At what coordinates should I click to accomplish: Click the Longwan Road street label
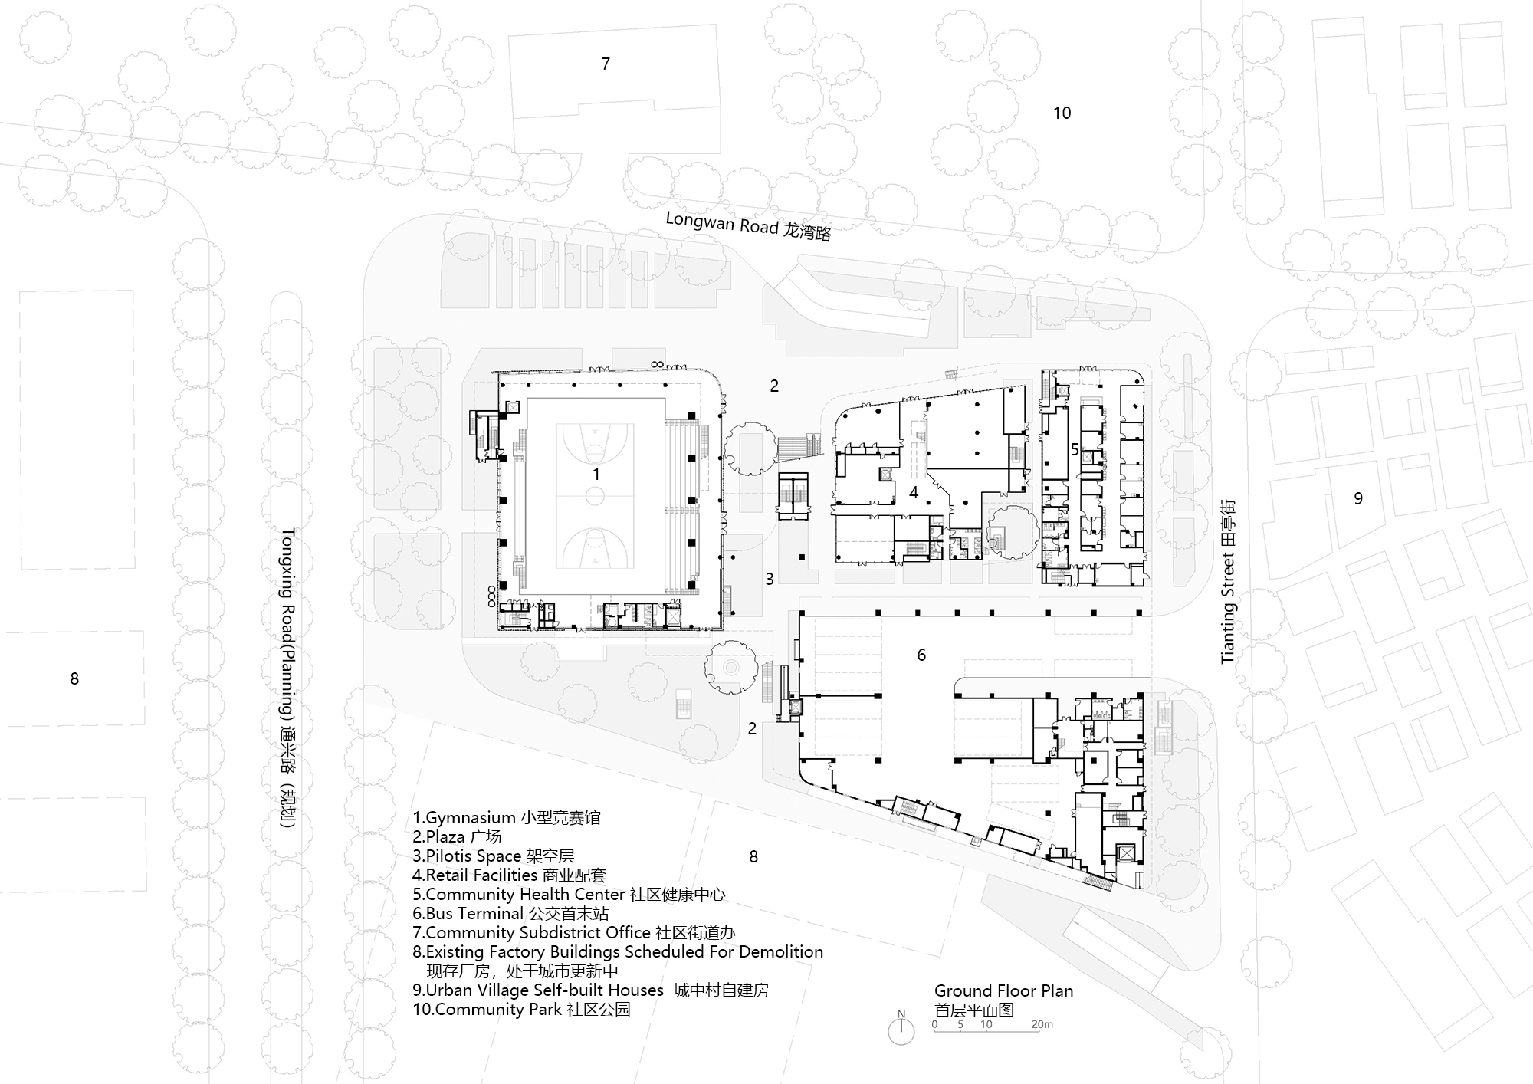click(x=748, y=226)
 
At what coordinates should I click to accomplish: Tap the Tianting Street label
click(x=1228, y=580)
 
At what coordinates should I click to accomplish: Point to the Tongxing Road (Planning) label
click(x=287, y=680)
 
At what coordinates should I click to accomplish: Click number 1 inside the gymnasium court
click(x=596, y=475)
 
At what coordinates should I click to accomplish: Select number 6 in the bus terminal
click(x=921, y=655)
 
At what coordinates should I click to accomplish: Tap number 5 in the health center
click(x=1075, y=450)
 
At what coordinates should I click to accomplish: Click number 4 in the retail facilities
click(x=914, y=492)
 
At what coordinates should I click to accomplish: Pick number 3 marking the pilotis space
click(x=770, y=579)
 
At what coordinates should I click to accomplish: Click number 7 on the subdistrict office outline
click(x=606, y=64)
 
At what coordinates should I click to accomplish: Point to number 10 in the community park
click(x=1062, y=113)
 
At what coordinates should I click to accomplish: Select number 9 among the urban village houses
click(x=1358, y=498)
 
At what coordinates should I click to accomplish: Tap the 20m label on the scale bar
click(x=1042, y=1024)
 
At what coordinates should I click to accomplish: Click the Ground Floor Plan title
click(x=1003, y=990)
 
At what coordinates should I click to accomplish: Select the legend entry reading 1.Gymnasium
click(x=507, y=817)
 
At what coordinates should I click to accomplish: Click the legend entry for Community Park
click(x=521, y=1009)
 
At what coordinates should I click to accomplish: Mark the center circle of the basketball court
click(x=596, y=497)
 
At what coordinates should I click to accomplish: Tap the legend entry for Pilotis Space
click(x=493, y=856)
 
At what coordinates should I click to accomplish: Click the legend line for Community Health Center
click(x=569, y=894)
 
